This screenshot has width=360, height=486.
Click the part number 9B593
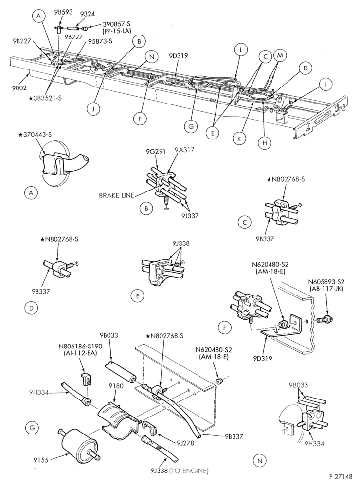tap(64, 12)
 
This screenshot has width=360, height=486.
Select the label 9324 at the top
tap(88, 14)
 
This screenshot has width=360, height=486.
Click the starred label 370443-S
tap(35, 135)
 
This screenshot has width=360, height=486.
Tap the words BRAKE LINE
tap(117, 195)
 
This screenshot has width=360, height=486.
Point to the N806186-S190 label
tap(80, 346)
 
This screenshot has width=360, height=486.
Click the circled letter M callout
tap(280, 55)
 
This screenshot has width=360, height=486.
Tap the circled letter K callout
tap(239, 139)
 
